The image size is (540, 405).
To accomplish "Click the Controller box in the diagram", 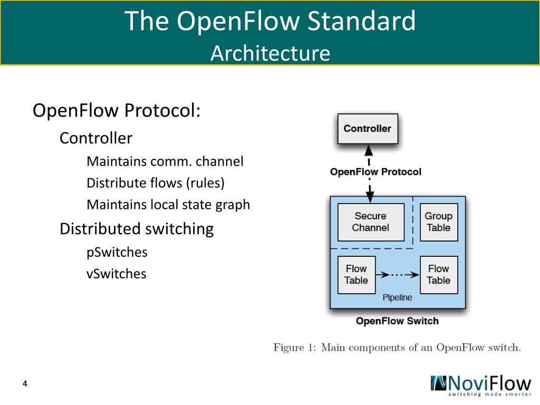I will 368,129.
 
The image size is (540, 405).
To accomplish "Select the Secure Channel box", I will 370,222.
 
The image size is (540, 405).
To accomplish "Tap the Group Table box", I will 438,222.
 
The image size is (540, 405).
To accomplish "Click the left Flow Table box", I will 356,275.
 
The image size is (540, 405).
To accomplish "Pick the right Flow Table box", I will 438,275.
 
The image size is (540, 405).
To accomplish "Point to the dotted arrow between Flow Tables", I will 397,275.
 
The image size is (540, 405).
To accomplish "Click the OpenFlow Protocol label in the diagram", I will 375,172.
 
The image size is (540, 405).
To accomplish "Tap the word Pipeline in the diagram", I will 397,298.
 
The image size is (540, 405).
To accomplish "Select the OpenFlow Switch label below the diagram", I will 397,321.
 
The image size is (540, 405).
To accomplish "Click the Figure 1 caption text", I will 397,348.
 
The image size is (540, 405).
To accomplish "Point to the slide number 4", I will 25,383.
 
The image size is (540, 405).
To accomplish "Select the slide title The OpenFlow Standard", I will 270,22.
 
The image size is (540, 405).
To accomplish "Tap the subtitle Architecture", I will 270,53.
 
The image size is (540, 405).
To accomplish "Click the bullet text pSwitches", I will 117,252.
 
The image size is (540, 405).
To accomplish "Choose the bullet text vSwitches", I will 117,274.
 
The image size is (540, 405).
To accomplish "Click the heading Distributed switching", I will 137,229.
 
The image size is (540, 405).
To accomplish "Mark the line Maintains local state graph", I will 168,205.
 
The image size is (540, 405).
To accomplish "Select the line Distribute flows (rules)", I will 156,183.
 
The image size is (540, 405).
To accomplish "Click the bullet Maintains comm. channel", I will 165,161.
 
